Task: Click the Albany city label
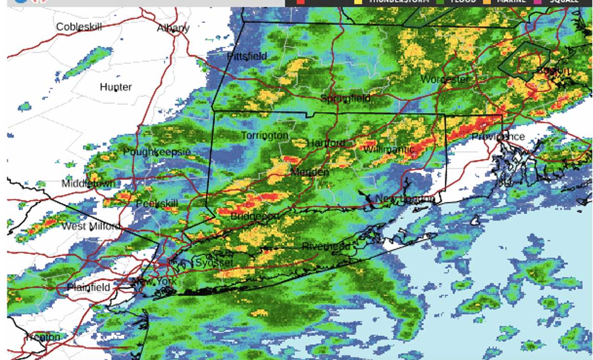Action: [173, 28]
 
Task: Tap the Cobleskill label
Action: [79, 27]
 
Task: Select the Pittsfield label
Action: [246, 56]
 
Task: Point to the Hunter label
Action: [116, 87]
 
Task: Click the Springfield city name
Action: [346, 98]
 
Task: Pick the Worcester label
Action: [444, 79]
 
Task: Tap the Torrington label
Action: [265, 135]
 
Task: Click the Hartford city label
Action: [326, 143]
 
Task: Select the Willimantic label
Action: [388, 149]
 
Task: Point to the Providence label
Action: [498, 136]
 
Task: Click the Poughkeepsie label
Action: [157, 152]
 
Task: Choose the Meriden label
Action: [309, 172]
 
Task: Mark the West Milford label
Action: [91, 226]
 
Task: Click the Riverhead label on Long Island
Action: [326, 246]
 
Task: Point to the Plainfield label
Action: [88, 287]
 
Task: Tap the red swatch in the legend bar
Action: [300, 1]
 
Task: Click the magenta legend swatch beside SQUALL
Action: [537, 1]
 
